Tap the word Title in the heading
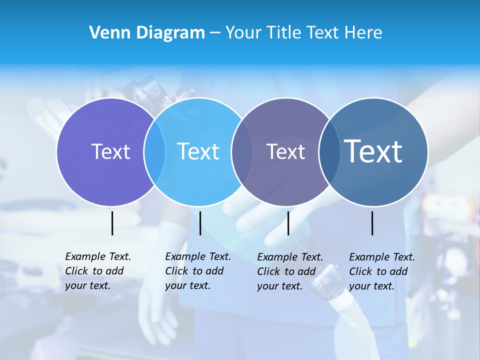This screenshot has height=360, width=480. coord(284,33)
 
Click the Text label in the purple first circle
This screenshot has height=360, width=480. coord(110,151)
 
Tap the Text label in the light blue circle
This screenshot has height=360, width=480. coord(198,151)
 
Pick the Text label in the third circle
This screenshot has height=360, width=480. coord(285,151)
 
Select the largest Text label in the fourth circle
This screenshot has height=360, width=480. coord(373,151)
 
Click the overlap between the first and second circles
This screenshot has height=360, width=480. coord(154,152)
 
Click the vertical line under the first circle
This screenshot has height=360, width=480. coord(112,223)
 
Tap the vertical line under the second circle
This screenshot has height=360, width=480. coord(200,223)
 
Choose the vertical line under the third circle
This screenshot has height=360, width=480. coord(288,223)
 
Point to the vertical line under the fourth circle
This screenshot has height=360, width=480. coord(372,223)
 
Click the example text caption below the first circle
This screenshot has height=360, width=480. coord(98,271)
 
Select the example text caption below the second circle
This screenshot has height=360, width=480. coord(198,271)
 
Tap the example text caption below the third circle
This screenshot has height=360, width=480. coord(290,271)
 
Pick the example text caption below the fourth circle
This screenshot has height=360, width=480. coord(382,271)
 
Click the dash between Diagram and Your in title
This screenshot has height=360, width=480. coord(215,33)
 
